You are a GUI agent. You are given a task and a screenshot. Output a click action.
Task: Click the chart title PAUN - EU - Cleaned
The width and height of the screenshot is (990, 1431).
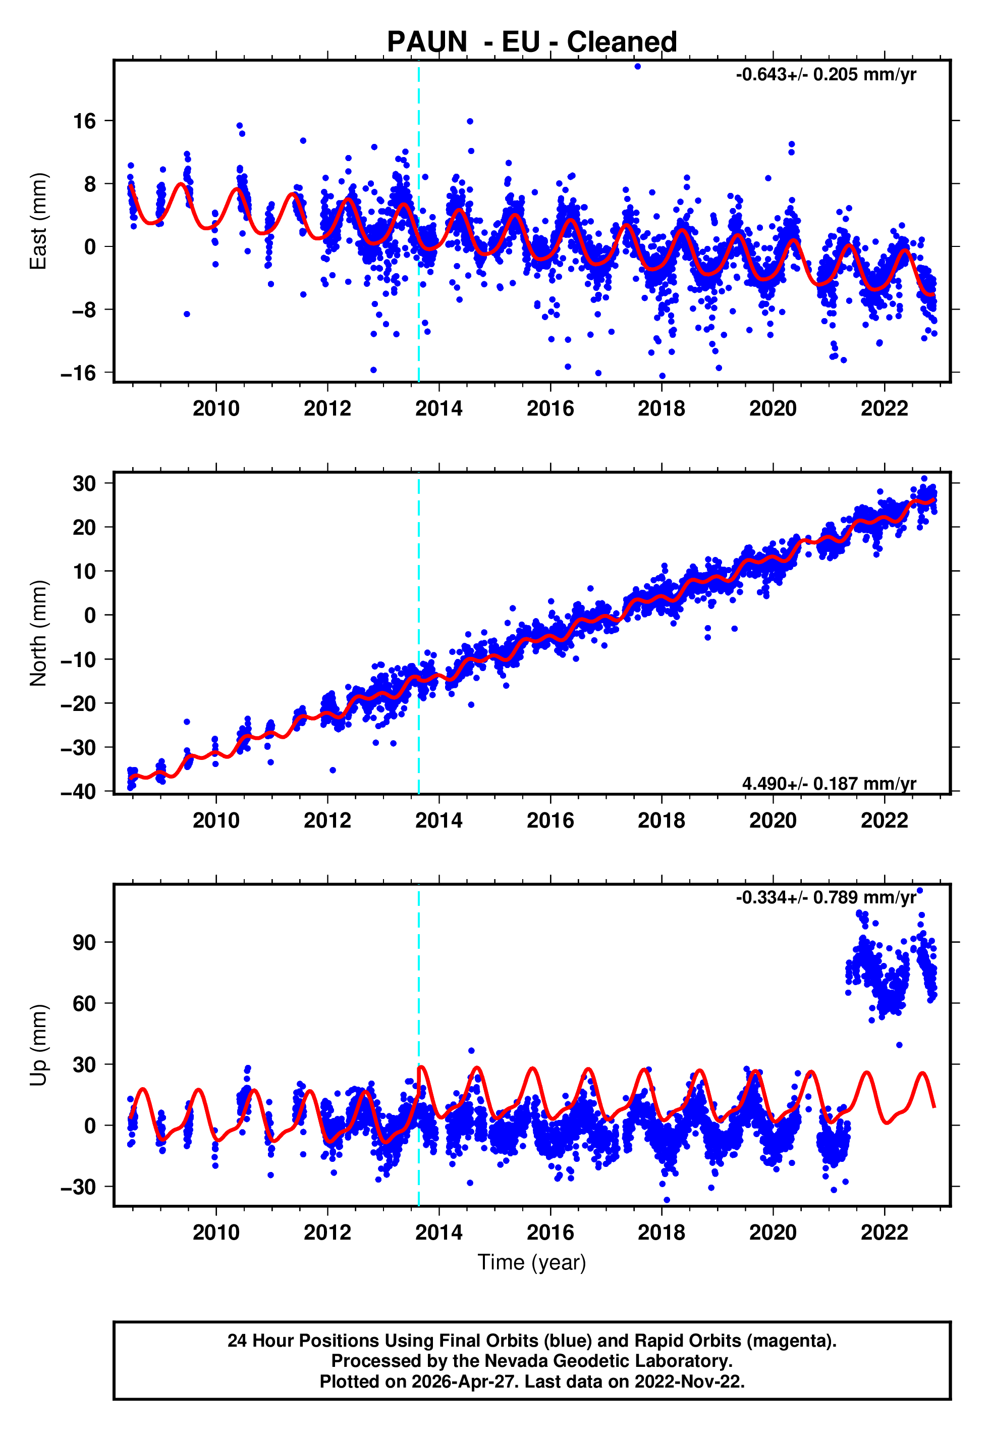(532, 42)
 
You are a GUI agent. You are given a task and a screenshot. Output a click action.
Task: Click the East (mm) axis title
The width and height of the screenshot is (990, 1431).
(38, 221)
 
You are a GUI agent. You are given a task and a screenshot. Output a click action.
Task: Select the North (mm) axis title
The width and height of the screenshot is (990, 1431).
(38, 633)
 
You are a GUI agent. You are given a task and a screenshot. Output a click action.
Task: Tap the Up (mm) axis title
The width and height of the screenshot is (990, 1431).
(38, 1045)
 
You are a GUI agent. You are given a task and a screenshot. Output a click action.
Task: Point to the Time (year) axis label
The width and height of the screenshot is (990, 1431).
(532, 1262)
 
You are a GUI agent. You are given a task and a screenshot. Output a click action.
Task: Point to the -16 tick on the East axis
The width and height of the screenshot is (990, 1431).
(78, 373)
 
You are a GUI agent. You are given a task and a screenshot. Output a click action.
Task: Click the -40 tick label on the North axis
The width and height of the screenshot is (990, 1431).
(78, 791)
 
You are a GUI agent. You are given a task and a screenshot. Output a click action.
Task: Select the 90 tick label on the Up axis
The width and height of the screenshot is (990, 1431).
(84, 943)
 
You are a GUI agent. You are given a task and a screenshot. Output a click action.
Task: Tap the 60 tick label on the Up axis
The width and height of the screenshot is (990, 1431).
(84, 1003)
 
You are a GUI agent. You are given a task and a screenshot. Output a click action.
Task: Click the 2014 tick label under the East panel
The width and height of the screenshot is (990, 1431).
(438, 408)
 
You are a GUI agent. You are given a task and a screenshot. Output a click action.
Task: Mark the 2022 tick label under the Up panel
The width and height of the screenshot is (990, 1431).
(884, 1233)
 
